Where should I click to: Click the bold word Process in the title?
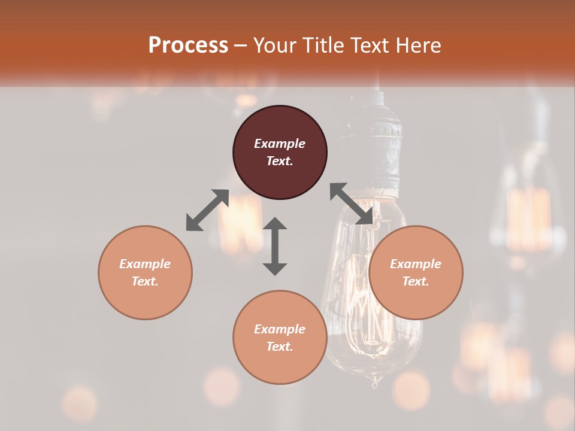coord(188,45)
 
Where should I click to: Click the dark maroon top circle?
coord(280,152)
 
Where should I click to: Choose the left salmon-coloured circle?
coord(145,272)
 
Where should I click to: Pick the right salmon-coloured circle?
coord(416,272)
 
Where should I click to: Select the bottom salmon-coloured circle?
coord(280,338)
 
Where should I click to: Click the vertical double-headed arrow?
coord(275,246)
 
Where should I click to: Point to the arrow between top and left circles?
coord(207,210)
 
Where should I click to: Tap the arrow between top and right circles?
coord(352,204)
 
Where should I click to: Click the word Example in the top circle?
coord(280,144)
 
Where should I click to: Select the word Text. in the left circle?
coord(145,281)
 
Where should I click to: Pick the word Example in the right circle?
coord(416,264)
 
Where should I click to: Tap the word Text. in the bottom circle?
coord(280,347)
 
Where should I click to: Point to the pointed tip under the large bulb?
coord(376,382)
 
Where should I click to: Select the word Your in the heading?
coord(273,45)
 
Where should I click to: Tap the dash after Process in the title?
coord(241,45)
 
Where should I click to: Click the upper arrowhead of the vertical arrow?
coord(275,224)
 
